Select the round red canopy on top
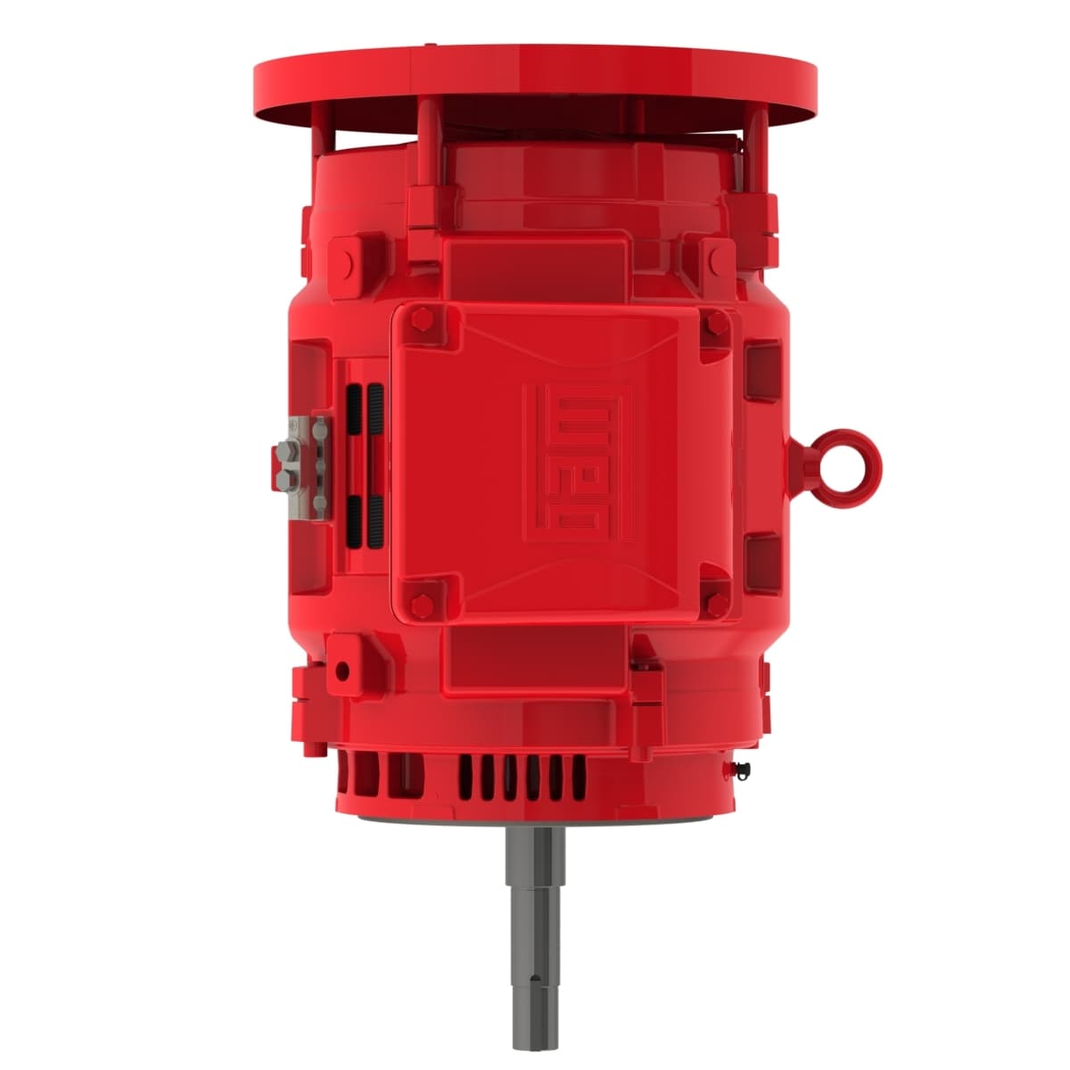tap(536, 85)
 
